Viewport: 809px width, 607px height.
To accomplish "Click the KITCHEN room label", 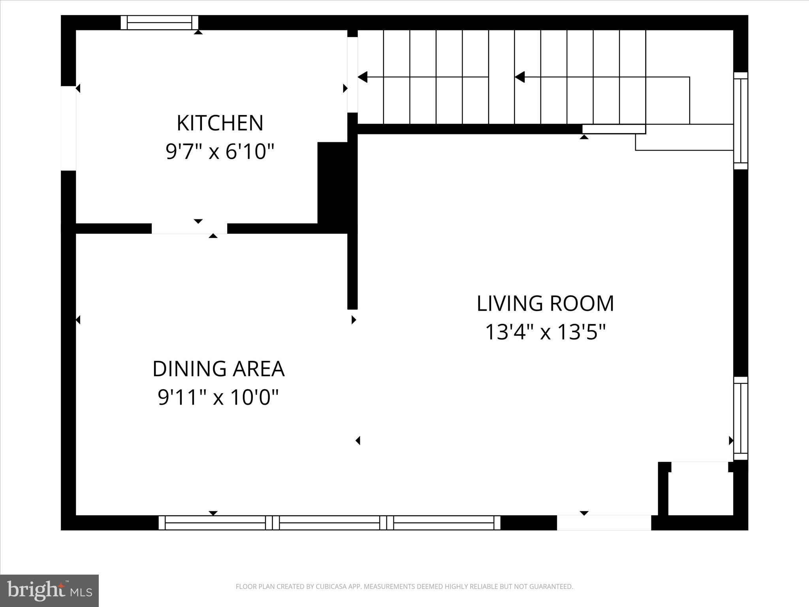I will (220, 123).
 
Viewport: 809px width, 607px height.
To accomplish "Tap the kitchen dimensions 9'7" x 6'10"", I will (220, 151).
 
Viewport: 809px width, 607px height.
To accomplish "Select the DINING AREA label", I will (218, 369).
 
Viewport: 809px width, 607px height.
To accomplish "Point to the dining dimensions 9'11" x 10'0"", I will (218, 397).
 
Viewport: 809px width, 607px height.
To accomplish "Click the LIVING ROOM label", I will (545, 303).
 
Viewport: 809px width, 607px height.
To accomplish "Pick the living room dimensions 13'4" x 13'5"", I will (545, 332).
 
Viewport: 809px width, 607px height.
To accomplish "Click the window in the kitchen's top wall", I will (159, 23).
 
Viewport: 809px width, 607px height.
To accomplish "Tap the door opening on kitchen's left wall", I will (68, 128).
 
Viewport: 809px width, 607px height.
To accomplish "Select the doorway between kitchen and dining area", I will (189, 228).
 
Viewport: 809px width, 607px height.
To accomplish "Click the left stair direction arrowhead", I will (363, 77).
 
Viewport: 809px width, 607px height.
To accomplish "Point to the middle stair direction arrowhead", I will (520, 77).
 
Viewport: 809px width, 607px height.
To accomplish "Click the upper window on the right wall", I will (741, 121).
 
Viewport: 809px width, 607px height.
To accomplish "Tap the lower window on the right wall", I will (741, 418).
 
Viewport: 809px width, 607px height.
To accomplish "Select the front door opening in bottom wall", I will (604, 522).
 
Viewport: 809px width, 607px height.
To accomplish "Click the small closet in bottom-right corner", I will (700, 492).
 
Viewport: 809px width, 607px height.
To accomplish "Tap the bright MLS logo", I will (49, 590).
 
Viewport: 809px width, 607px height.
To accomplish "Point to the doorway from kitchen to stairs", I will (352, 74).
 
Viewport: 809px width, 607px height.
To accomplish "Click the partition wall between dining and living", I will (352, 269).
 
